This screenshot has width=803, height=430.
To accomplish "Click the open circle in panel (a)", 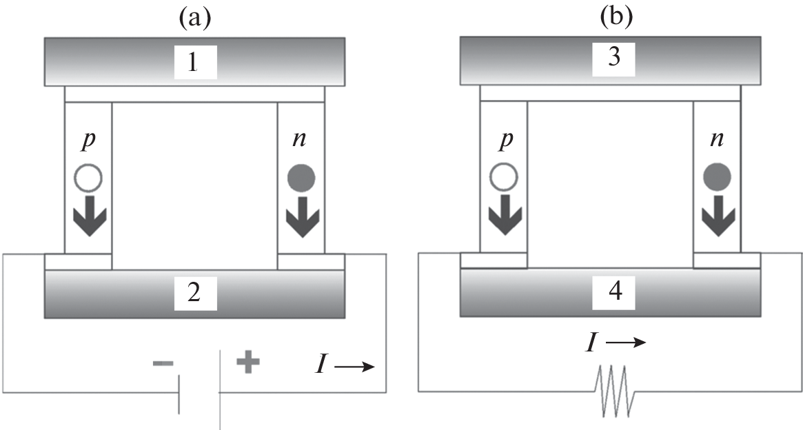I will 88,178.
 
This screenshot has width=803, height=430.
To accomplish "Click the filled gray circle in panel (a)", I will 301,178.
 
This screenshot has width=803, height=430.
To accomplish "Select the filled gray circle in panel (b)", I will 718,178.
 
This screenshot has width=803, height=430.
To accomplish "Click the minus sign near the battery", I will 163,363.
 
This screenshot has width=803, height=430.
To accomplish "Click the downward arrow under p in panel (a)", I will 88,216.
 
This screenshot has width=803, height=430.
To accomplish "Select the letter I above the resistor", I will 590,341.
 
